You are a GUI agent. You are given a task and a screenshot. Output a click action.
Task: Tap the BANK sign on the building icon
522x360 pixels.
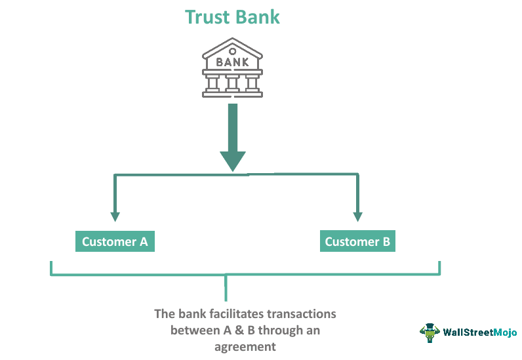point(232,63)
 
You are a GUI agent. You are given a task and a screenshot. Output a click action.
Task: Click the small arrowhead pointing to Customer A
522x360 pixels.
point(115,216)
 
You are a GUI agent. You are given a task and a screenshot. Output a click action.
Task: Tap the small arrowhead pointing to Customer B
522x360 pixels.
point(357,216)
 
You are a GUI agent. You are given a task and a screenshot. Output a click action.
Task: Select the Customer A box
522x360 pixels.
point(115,241)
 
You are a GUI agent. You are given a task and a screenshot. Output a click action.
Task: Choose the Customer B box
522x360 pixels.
point(357,241)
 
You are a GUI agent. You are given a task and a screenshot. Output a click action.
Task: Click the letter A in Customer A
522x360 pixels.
point(144,241)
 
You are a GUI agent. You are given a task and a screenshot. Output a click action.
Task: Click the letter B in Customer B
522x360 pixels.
point(386,241)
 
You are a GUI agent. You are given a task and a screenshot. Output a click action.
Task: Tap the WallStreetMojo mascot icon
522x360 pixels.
point(430,332)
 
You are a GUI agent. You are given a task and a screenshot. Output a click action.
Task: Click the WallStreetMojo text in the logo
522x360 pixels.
point(479,332)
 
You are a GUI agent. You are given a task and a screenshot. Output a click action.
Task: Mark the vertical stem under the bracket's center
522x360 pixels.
point(226,288)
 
